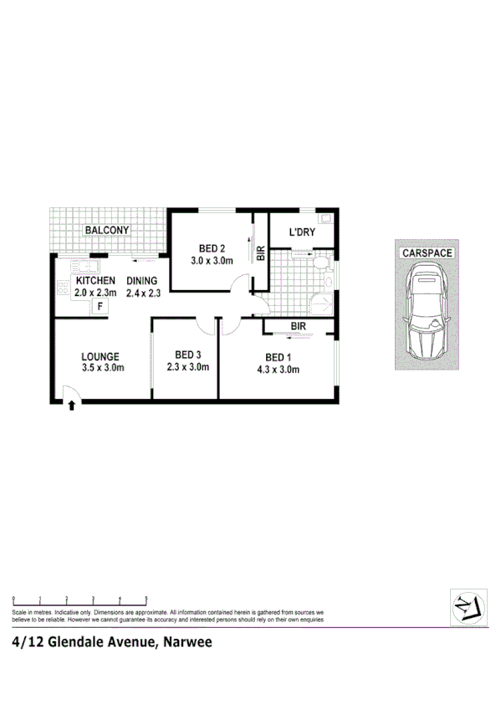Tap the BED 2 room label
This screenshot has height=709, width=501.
[212, 248]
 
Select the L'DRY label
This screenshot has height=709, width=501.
[302, 232]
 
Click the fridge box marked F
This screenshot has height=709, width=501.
[100, 306]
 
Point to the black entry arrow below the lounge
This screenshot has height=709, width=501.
[72, 406]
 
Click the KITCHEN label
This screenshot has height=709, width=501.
[95, 281]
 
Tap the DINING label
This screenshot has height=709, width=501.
[142, 281]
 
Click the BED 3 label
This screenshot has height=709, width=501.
[182, 354]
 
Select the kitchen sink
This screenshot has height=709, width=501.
[84, 267]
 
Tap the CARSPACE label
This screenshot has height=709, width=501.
[427, 252]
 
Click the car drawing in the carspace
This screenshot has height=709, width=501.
[427, 310]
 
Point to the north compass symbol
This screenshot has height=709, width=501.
[465, 605]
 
